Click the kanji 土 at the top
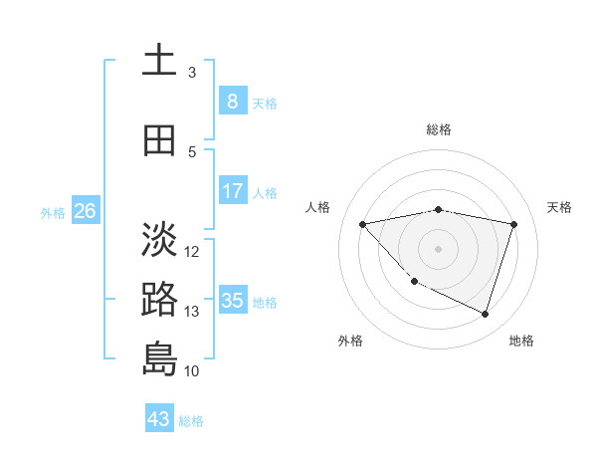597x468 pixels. (159, 60)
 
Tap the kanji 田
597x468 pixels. (159, 139)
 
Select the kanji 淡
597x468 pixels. (159, 239)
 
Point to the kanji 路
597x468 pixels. (159, 300)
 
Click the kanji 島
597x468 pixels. (159, 358)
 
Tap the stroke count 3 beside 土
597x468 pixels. (192, 72)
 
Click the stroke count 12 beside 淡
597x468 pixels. (193, 251)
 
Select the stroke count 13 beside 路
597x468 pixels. (193, 311)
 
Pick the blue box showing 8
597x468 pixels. (232, 101)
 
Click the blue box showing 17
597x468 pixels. (232, 190)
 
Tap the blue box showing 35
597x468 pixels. (232, 300)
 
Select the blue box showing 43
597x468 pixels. (159, 418)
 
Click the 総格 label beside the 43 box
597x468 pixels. (191, 421)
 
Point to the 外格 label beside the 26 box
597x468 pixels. (53, 212)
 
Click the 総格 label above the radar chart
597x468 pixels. (439, 129)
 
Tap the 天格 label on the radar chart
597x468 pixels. (559, 207)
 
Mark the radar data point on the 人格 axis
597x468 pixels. (362, 224)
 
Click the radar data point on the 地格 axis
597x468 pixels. (485, 314)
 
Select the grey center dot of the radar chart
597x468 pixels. (438, 248)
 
